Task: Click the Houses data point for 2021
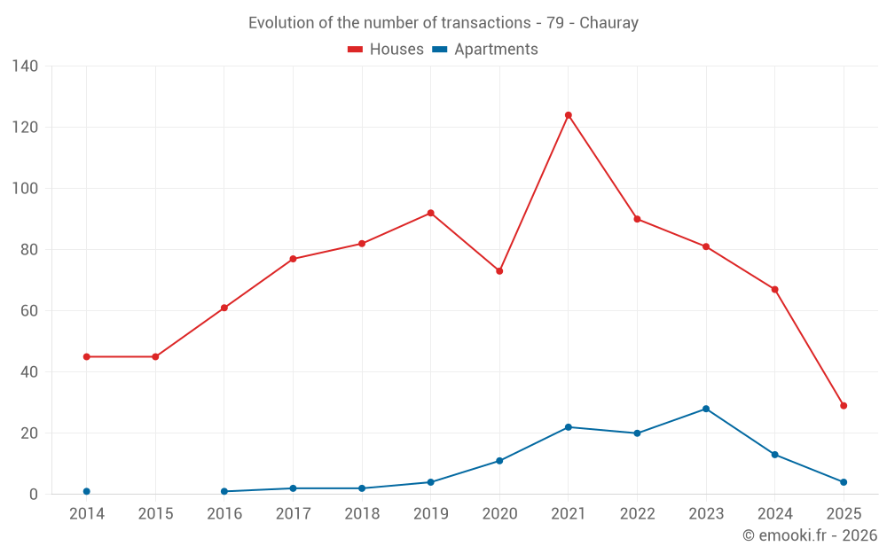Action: [569, 115]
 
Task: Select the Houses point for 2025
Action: [844, 406]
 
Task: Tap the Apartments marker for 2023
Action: [706, 409]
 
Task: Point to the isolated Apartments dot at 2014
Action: [87, 491]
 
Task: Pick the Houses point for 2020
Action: [499, 271]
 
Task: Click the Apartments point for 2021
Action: [569, 427]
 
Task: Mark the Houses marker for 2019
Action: [431, 213]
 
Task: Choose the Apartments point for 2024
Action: [775, 455]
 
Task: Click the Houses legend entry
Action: [386, 50]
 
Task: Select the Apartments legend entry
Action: [485, 50]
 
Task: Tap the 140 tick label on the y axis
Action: [26, 66]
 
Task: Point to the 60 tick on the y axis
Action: [30, 311]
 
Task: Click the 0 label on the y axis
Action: [35, 495]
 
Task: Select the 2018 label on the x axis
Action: [362, 514]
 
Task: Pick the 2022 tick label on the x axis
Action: [637, 514]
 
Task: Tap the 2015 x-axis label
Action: [155, 514]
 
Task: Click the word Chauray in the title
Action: [608, 23]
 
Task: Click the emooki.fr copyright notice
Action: [810, 535]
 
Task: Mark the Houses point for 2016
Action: [224, 308]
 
